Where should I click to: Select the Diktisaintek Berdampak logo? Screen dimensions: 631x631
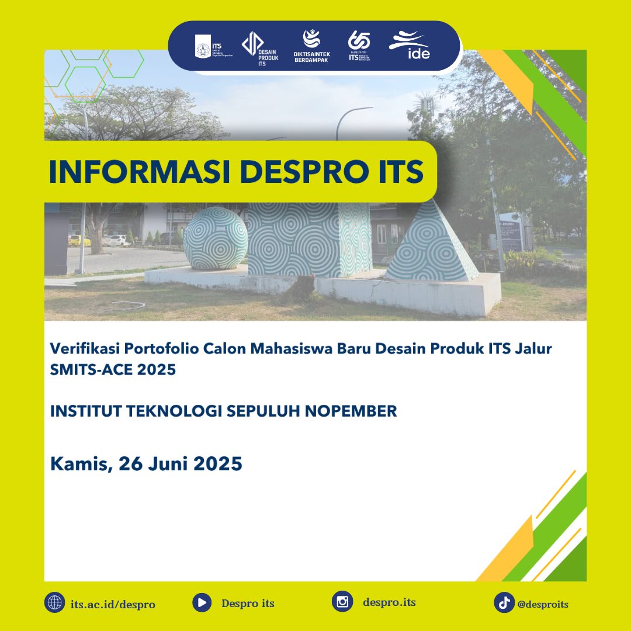click(311, 46)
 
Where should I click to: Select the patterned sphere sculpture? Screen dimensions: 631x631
click(216, 238)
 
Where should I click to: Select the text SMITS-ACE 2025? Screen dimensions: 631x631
click(113, 370)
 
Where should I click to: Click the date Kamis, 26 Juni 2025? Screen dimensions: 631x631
click(146, 464)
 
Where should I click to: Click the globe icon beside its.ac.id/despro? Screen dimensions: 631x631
click(54, 602)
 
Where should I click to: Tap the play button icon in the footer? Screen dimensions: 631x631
click(202, 602)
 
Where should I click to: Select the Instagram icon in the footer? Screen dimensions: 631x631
click(342, 602)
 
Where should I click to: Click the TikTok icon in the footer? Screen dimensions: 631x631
click(504, 602)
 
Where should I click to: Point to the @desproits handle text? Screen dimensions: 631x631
click(543, 604)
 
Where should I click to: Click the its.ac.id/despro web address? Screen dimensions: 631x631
click(113, 604)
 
